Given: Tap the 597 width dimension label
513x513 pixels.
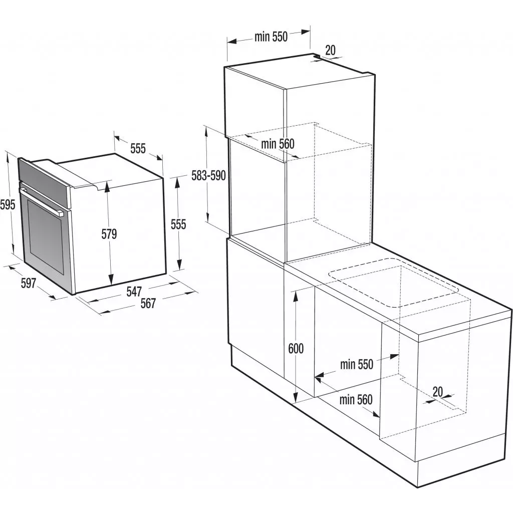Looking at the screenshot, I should click(28, 283).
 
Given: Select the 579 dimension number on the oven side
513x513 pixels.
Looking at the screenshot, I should click(109, 234).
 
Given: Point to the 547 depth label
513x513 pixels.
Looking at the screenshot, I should click(134, 291).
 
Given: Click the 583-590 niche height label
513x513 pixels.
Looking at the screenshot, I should click(209, 175).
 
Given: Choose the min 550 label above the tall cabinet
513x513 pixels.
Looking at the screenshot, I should click(271, 37).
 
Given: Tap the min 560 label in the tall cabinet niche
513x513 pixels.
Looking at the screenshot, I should click(278, 144).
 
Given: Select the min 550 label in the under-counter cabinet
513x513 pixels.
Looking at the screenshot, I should click(357, 364).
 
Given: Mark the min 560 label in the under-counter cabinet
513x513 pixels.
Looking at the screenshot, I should click(356, 400).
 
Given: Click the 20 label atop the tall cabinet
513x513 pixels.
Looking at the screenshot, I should click(330, 50).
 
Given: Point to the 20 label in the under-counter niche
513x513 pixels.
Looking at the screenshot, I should click(438, 392).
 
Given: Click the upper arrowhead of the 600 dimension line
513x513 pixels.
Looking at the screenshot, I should click(296, 293).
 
